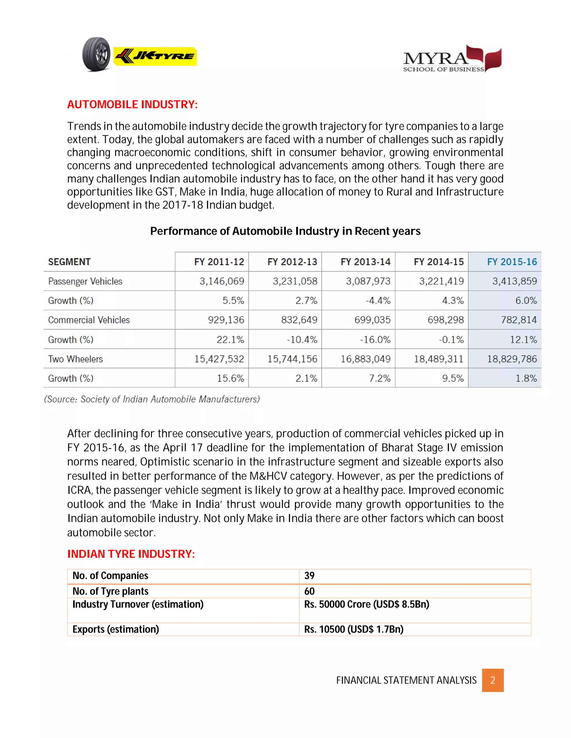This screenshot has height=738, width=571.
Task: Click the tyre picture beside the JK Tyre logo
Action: point(96,54)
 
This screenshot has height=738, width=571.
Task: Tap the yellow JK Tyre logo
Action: point(155,56)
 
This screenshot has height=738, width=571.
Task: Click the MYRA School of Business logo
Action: point(452,59)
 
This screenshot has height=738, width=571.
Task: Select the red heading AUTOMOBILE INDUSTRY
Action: point(132,104)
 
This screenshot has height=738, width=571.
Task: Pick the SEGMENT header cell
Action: point(69,262)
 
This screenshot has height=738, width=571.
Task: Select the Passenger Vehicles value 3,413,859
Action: point(514,281)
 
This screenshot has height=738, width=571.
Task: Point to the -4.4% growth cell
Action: point(378,300)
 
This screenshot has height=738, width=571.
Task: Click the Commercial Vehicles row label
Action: point(89,320)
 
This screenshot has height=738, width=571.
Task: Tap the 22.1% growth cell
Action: point(230,339)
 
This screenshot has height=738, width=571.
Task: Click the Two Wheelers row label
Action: point(76,359)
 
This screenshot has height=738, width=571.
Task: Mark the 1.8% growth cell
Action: point(526,378)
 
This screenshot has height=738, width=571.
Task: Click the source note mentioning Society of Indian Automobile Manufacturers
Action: point(152,399)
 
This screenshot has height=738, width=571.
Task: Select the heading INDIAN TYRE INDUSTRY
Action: point(131,554)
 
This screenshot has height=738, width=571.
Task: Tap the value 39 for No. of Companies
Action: point(309,576)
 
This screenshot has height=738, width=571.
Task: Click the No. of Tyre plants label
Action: point(110,591)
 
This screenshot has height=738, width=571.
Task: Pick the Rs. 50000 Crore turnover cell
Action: point(366,605)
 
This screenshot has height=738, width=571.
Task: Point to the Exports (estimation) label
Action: point(115,630)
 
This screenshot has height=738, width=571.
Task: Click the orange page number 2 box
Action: point(493,680)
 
